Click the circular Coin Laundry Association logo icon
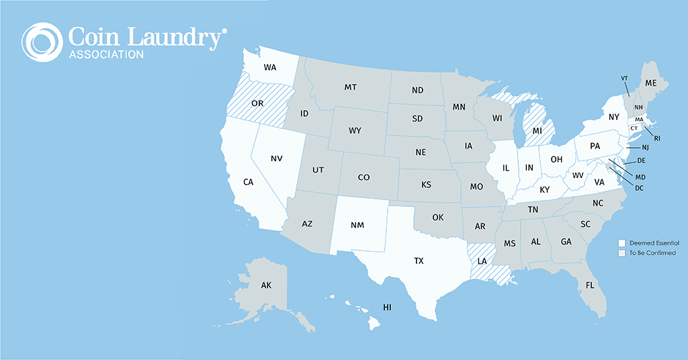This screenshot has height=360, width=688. [42, 42]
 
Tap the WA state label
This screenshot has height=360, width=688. [270, 67]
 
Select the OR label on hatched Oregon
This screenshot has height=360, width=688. [257, 103]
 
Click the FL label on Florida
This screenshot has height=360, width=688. [590, 285]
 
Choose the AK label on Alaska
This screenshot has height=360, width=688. [266, 285]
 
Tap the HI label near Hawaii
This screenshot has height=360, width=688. [387, 307]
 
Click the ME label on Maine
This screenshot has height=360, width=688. [650, 83]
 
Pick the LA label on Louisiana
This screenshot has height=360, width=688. [482, 261]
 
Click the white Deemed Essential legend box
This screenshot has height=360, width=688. [622, 242]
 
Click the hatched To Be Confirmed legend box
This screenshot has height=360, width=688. [622, 253]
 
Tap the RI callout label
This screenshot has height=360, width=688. [657, 138]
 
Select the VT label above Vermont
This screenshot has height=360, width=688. [624, 78]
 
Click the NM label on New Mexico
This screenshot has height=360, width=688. [357, 224]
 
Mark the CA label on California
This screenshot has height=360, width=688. [249, 182]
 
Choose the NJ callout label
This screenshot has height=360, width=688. [645, 147]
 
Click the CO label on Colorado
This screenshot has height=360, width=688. [363, 177]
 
